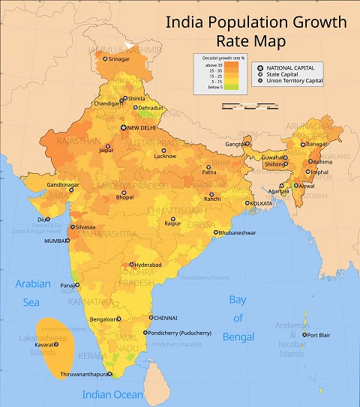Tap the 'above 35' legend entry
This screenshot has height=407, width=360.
[x=211, y=64]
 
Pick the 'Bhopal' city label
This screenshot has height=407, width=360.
[x=124, y=197]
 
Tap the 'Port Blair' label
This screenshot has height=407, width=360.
[x=319, y=334]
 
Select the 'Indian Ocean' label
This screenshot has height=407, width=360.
[x=113, y=394]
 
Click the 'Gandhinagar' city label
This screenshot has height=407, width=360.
[x=46, y=184]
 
